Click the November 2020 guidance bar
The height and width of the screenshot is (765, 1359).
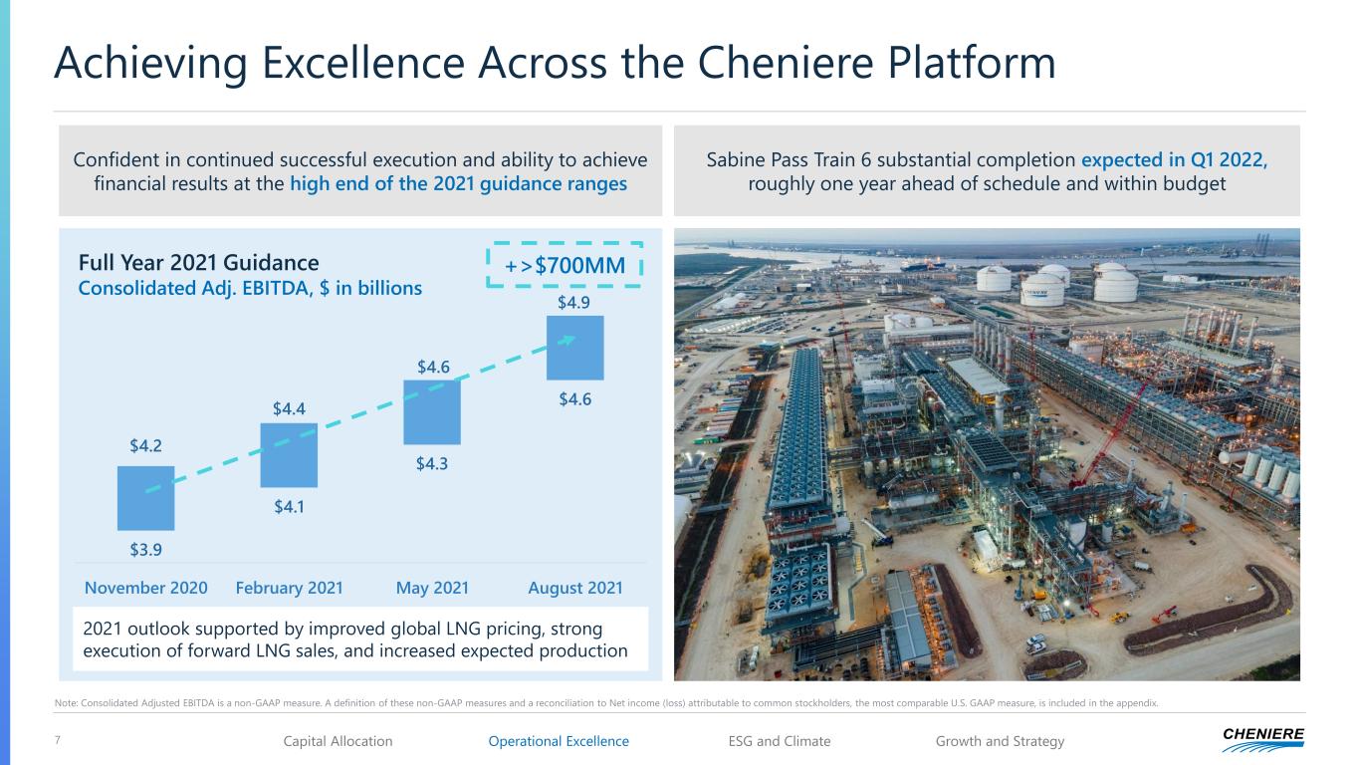(x=145, y=498)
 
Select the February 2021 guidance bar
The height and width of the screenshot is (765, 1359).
(x=289, y=455)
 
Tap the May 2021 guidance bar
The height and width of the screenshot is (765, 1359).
(x=432, y=412)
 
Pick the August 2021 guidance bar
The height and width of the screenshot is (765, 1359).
(x=575, y=348)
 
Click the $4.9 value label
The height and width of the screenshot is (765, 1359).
(x=573, y=303)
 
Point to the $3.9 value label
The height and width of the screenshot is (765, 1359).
(x=145, y=550)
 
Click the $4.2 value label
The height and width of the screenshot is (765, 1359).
(x=145, y=446)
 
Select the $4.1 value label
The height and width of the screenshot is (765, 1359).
(x=289, y=507)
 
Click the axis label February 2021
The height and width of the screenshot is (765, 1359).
(x=290, y=588)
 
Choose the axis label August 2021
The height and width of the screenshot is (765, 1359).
(x=575, y=588)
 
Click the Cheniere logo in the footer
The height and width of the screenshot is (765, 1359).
(x=1263, y=739)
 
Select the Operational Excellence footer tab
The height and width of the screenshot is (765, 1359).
(x=559, y=741)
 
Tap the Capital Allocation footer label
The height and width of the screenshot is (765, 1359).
(x=338, y=741)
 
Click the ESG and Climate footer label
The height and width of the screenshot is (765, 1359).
(x=780, y=741)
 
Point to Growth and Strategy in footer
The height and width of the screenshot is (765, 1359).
(x=1000, y=741)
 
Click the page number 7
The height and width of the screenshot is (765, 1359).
(x=58, y=739)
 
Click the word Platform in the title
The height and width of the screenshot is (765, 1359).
(x=972, y=63)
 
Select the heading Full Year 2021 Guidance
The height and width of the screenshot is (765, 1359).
(x=198, y=263)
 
